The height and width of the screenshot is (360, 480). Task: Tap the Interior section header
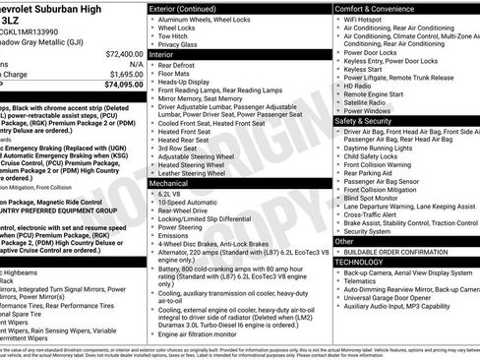162,55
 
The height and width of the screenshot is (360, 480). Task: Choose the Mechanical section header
171,183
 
